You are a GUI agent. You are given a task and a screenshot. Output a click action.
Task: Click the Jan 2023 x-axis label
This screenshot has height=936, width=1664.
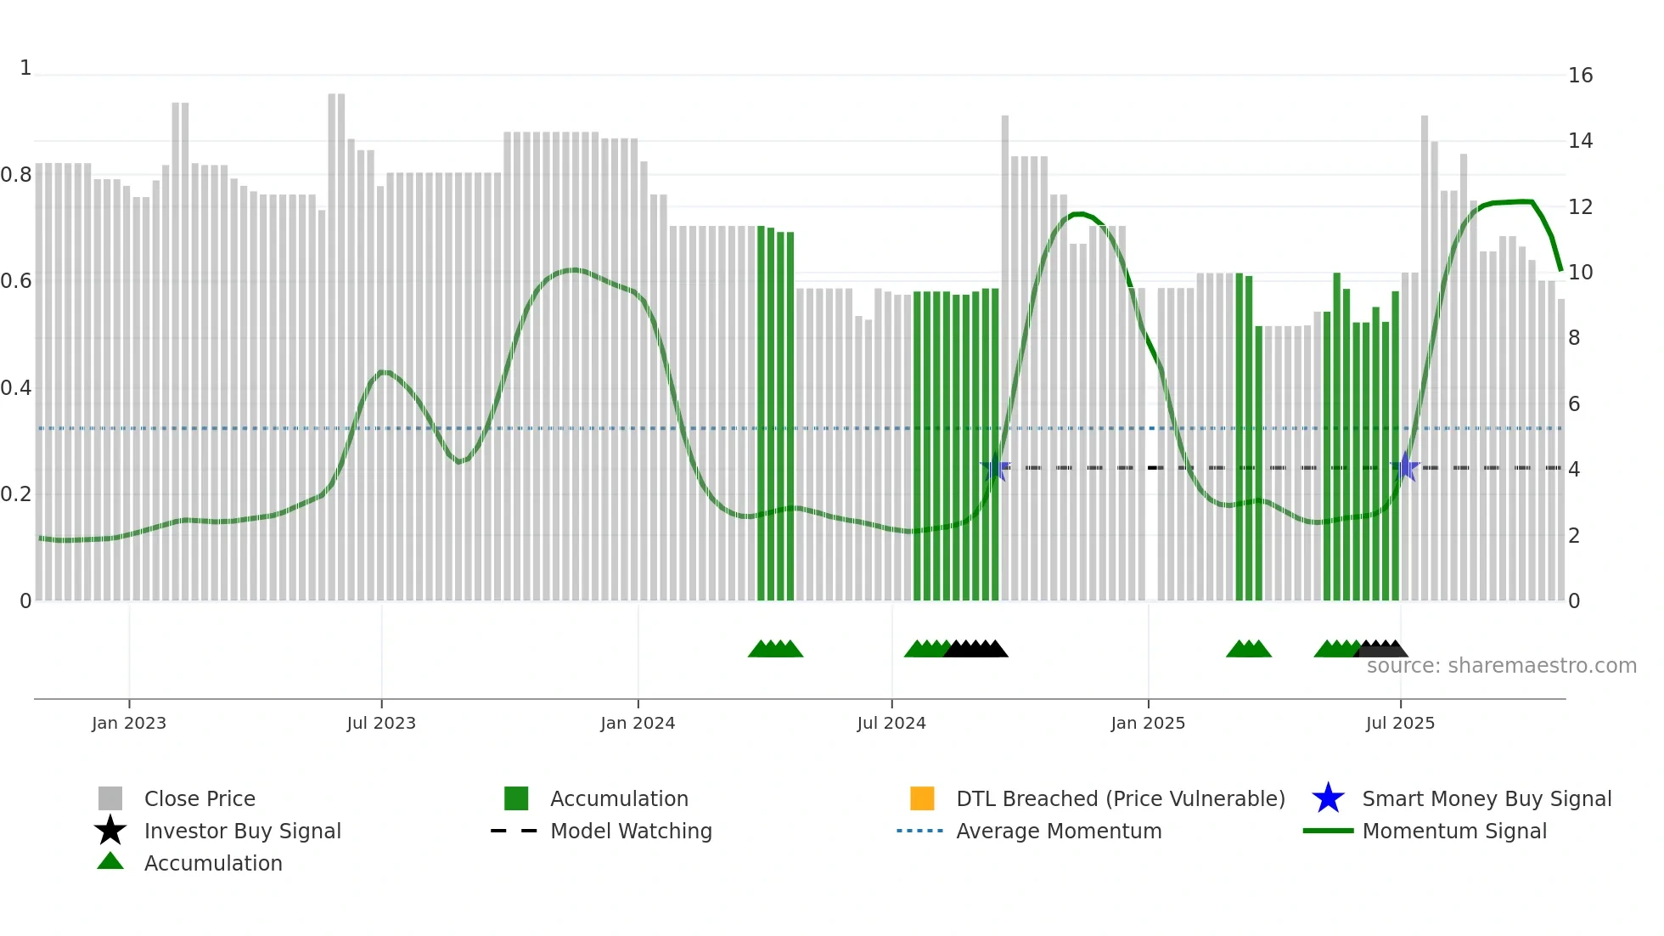[129, 723]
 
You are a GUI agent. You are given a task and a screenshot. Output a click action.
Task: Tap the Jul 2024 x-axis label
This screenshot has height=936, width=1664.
[891, 723]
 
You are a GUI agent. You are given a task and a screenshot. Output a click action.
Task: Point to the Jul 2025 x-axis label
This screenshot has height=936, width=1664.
[1400, 723]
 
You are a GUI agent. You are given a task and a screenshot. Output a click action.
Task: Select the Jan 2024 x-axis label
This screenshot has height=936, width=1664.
[638, 723]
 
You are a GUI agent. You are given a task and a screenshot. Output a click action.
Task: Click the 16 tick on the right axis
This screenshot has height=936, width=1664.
[1580, 76]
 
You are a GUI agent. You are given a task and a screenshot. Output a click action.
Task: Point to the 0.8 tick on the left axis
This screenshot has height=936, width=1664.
[16, 175]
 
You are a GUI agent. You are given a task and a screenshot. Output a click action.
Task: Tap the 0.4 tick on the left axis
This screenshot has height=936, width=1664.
[16, 388]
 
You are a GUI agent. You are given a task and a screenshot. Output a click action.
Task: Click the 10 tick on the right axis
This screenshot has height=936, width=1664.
[1580, 273]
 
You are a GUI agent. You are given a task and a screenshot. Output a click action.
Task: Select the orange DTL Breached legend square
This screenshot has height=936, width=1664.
[922, 798]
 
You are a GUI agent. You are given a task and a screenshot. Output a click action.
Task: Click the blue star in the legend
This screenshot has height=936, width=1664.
[1328, 798]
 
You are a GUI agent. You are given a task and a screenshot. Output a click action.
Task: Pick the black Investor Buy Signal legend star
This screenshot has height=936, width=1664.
[110, 831]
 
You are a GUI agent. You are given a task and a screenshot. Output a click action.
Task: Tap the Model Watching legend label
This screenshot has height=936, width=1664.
[631, 831]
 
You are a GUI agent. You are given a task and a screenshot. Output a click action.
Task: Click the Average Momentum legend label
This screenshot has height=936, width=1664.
[1059, 831]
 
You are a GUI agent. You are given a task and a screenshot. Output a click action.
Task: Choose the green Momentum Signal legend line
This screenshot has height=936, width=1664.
[1328, 831]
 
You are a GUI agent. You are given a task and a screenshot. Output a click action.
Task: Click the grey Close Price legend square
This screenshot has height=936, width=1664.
[110, 798]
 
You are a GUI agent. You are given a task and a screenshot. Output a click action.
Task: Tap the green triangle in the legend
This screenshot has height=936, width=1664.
[110, 861]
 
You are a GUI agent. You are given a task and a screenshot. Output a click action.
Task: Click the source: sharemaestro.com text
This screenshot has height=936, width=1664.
[1501, 666]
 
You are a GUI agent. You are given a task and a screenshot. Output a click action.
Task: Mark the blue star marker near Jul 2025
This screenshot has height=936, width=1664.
[1405, 467]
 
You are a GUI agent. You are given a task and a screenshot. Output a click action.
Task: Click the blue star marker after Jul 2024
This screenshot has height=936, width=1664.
[995, 467]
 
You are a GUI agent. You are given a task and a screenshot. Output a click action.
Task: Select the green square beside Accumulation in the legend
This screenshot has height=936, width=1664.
[516, 798]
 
